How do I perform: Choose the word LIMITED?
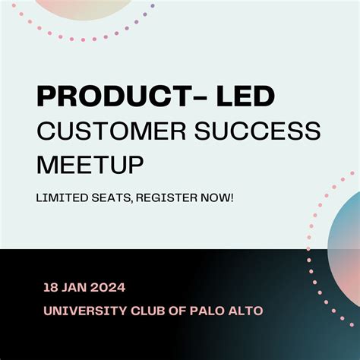pyautogui.click(x=60, y=197)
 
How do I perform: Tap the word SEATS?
pyautogui.click(x=109, y=197)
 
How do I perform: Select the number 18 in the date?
pyautogui.click(x=50, y=288)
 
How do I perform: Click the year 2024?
pyautogui.click(x=109, y=288)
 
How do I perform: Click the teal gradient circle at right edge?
pyautogui.click(x=346, y=243)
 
